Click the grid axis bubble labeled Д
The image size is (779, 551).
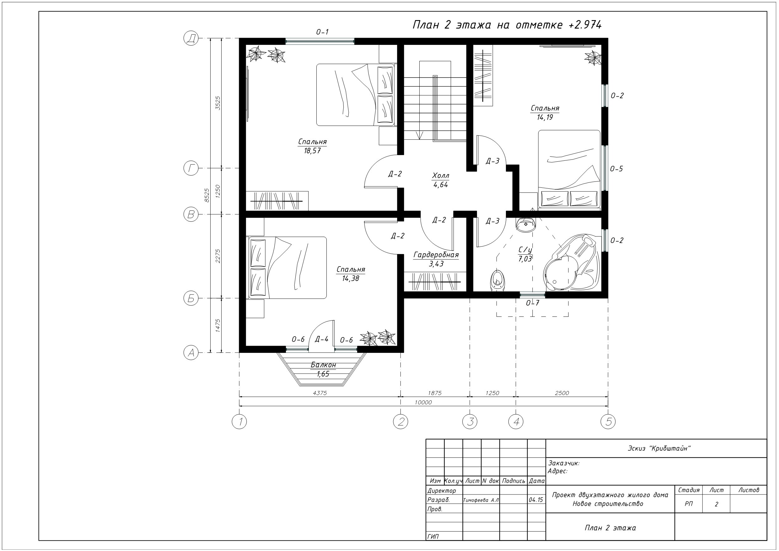191,38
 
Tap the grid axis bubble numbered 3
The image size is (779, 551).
470,422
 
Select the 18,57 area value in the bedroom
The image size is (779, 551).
312,151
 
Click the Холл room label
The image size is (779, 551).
441,176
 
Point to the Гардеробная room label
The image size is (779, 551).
436,255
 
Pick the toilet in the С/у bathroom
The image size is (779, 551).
497,280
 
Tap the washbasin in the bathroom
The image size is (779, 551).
525,224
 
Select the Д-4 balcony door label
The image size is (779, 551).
322,339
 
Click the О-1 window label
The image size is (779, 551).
322,32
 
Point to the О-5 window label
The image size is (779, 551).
616,169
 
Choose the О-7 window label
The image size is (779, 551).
532,303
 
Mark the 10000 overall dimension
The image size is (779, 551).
423,402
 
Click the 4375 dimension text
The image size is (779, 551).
320,393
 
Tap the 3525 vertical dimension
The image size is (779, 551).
218,103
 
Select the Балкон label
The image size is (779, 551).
323,365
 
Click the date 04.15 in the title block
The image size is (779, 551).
536,500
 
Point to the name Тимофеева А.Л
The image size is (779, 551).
481,500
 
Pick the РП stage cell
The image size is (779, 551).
689,504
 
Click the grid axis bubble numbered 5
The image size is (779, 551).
608,422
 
